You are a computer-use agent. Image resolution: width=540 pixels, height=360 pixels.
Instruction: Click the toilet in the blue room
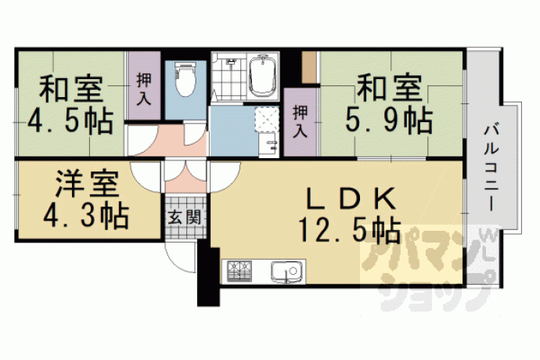click(185, 80)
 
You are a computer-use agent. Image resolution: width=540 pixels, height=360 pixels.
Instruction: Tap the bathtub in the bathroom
click(264, 75)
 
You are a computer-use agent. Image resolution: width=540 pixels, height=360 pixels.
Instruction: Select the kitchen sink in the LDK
click(286, 271)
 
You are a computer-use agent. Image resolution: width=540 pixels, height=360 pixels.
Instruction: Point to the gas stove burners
click(239, 271)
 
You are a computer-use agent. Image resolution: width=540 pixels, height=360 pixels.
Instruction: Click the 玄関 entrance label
click(184, 218)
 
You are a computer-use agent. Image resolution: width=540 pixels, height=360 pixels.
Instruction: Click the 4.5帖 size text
click(70, 121)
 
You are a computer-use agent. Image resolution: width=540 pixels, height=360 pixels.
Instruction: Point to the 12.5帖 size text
click(349, 229)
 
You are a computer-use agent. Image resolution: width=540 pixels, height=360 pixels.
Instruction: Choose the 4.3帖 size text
click(86, 217)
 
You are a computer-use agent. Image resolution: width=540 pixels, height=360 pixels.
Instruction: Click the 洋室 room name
click(87, 185)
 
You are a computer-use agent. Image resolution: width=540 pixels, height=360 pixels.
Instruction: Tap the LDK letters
click(351, 200)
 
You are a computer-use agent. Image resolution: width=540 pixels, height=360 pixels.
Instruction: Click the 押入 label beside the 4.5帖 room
click(144, 89)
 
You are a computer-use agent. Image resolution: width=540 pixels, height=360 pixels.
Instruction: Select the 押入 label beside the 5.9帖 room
click(301, 121)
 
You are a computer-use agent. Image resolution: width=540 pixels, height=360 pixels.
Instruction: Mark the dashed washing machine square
click(267, 120)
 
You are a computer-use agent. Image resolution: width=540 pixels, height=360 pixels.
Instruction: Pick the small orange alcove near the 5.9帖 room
click(309, 67)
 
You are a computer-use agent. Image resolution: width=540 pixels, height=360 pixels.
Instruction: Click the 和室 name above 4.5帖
click(71, 89)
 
